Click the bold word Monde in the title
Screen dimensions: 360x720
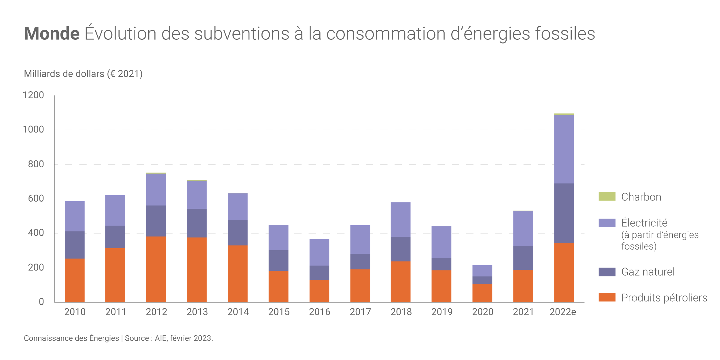click(x=52, y=34)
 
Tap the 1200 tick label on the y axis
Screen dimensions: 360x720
click(x=33, y=95)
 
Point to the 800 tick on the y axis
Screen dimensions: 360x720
click(x=36, y=164)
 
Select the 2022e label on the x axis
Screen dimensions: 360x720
click(x=562, y=312)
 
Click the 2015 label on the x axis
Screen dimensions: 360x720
click(x=279, y=312)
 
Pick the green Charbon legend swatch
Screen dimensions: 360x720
click(x=607, y=196)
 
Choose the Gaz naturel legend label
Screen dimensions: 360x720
click(x=648, y=272)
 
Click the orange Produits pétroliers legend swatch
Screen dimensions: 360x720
click(x=607, y=297)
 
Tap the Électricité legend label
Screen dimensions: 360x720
click(x=644, y=223)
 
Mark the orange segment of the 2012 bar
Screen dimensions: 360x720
click(x=156, y=269)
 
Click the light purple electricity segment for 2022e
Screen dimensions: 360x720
click(x=564, y=149)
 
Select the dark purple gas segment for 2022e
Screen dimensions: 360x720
click(x=564, y=213)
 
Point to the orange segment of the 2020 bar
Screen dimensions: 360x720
click(x=482, y=293)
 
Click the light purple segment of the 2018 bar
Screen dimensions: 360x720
click(x=401, y=219)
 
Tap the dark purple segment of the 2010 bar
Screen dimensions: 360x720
click(x=75, y=245)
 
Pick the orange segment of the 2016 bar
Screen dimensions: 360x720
click(x=319, y=291)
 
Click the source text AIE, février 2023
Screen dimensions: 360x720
click(x=184, y=338)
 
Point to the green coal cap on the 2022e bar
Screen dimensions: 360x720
click(x=564, y=114)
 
